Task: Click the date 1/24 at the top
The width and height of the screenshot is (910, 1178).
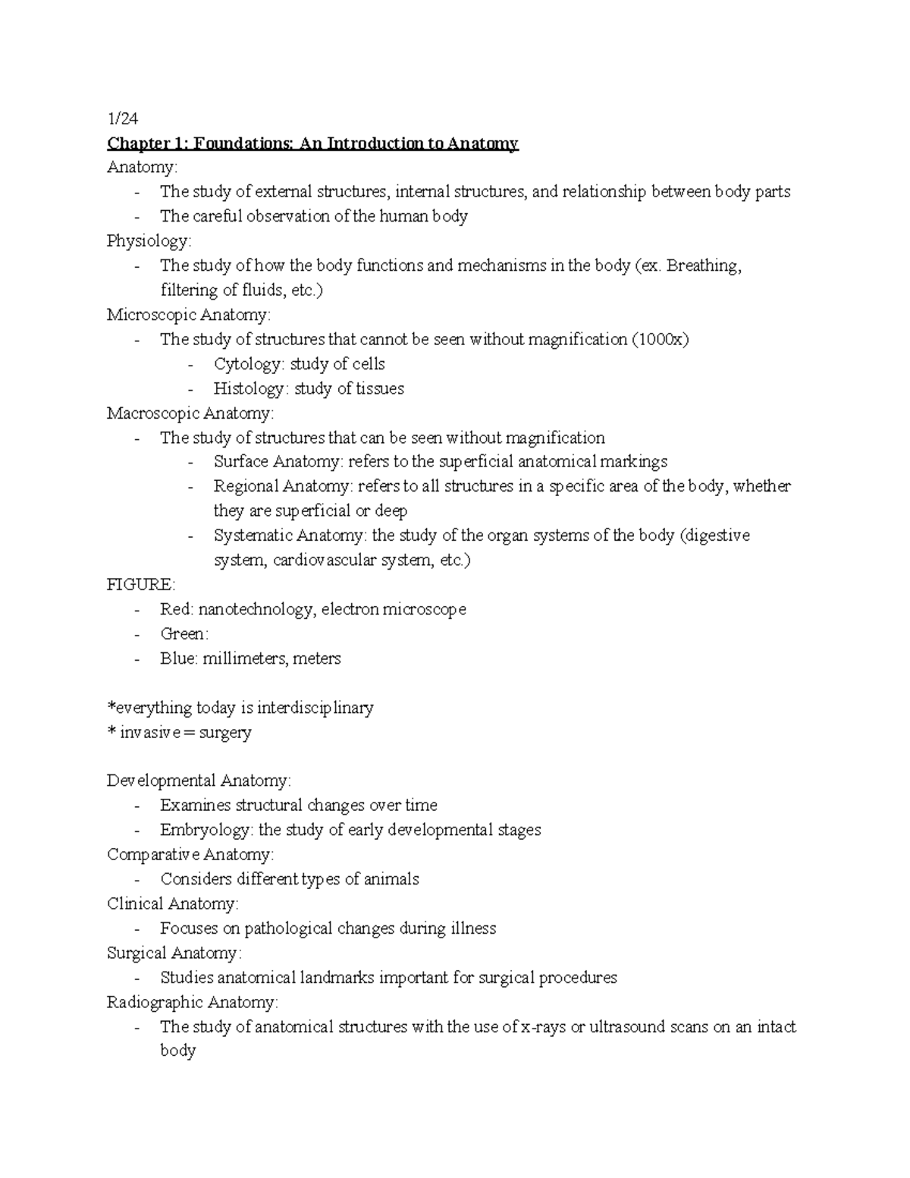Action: [x=123, y=118]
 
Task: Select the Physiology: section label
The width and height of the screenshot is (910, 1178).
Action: [x=149, y=241]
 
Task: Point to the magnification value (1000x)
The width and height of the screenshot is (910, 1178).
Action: [x=660, y=340]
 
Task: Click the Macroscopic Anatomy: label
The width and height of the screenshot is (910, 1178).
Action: [x=190, y=413]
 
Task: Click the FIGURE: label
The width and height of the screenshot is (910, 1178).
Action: [x=141, y=585]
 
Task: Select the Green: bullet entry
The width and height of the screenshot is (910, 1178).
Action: [x=184, y=634]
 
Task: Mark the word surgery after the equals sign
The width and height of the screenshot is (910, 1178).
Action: [x=224, y=733]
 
